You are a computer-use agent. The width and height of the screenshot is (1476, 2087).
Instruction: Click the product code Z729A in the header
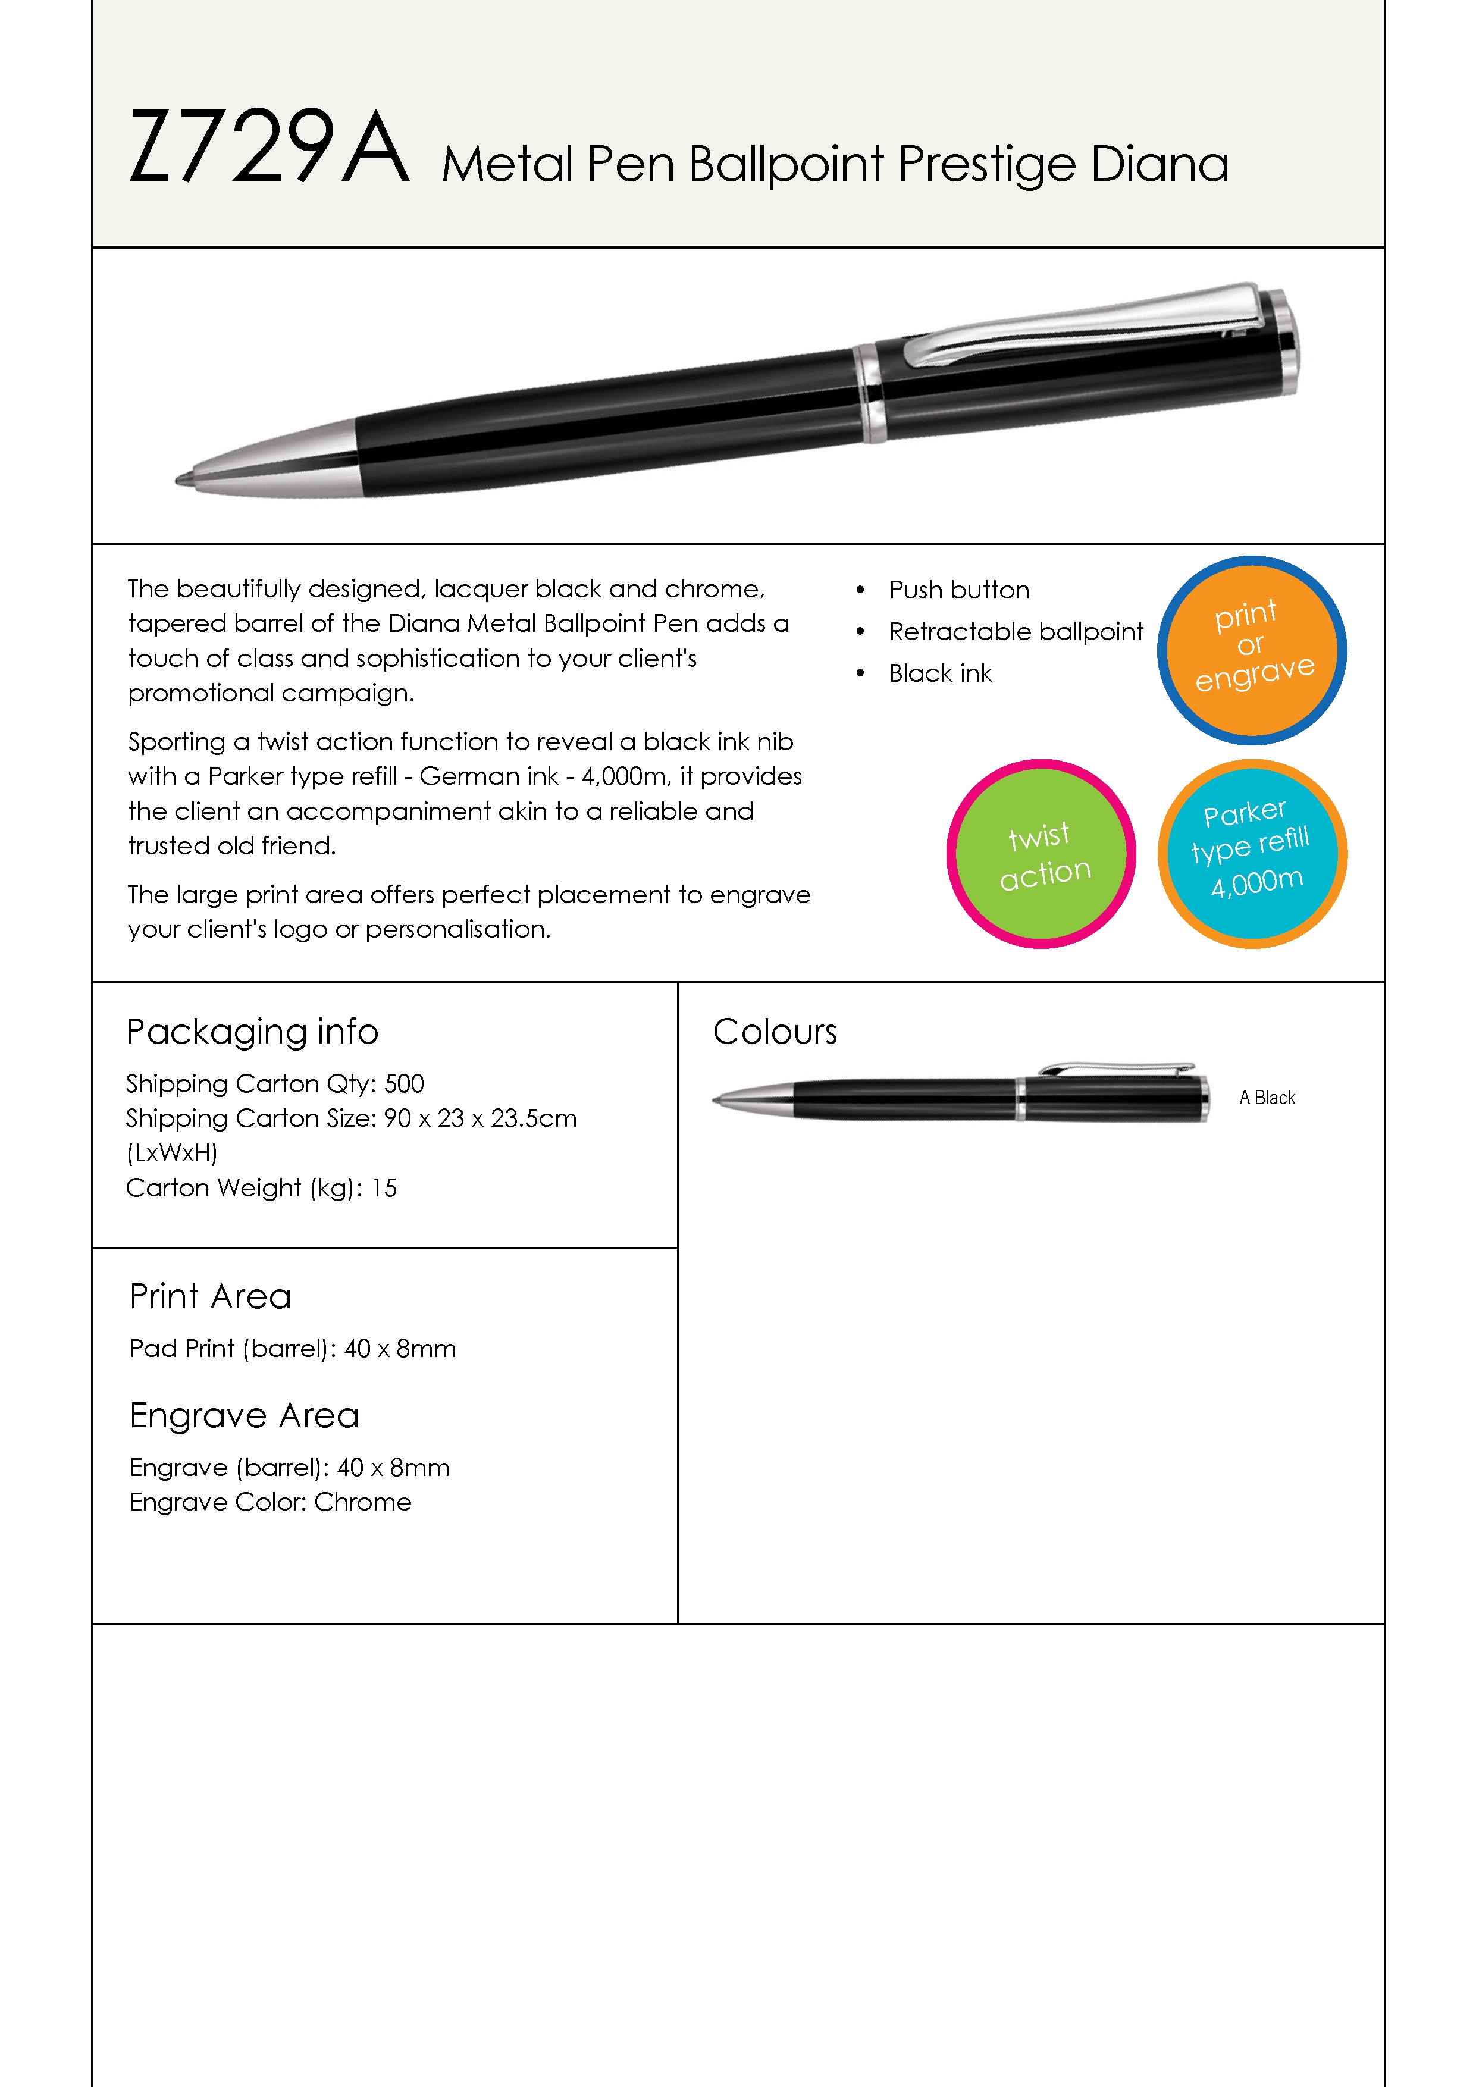269,145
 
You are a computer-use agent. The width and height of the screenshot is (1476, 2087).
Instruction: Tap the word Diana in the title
1159,165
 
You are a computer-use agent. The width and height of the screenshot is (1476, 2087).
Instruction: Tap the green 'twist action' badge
1042,854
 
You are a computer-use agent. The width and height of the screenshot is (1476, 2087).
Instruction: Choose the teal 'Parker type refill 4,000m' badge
1252,854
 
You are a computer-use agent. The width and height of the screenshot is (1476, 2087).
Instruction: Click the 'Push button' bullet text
959,590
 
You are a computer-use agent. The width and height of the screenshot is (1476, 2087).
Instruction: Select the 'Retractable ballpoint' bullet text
1015,632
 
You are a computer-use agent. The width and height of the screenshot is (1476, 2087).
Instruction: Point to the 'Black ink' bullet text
940,673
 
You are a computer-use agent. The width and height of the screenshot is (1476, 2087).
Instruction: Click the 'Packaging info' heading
252,1032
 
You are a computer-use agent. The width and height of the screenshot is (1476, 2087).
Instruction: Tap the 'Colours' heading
775,1032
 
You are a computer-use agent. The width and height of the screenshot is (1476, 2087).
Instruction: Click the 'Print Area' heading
210,1296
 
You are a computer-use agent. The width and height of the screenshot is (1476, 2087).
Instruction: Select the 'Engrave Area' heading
243,1415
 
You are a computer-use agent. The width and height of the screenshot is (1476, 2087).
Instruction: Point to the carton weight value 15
384,1188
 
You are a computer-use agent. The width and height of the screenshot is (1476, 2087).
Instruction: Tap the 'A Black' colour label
1267,1098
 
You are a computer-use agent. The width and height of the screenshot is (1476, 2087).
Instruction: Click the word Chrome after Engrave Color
363,1502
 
